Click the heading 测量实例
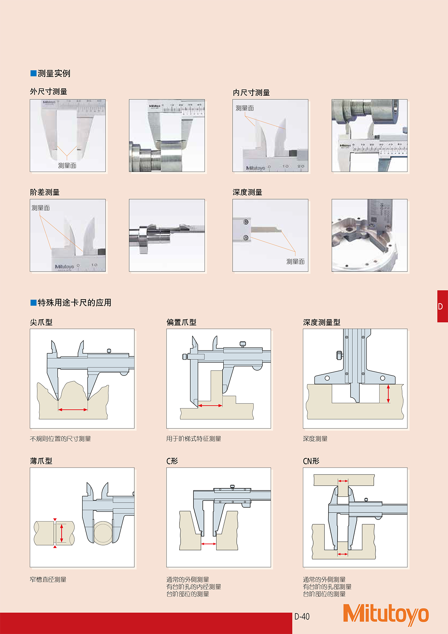54,73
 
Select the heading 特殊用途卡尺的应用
74,303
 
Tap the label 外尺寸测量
49,92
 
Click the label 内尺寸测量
251,93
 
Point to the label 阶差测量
45,192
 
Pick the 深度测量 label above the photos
248,192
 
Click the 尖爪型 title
41,322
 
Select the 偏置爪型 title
181,322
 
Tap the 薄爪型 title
41,461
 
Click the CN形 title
311,461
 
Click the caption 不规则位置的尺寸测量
60,439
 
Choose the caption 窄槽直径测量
48,579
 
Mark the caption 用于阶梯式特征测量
194,439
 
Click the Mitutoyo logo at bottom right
386,615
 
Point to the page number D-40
302,616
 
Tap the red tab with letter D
442,306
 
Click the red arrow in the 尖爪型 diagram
73,410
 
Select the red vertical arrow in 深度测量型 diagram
388,394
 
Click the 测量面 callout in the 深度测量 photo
295,262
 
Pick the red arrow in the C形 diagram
209,544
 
